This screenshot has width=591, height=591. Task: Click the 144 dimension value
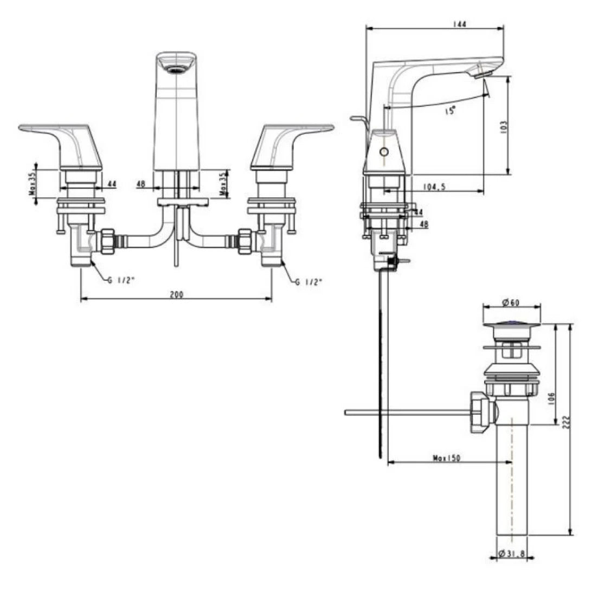point(461,24)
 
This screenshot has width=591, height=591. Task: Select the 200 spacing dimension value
point(176,294)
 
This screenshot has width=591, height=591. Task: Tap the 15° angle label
point(449,111)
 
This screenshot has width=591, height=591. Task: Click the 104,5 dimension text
point(434,187)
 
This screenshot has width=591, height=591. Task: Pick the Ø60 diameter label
point(512,301)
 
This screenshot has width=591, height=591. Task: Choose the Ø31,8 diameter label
point(512,554)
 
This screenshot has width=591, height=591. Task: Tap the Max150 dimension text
point(446,458)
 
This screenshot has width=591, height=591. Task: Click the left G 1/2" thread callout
point(117,281)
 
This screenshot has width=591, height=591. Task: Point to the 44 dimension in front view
point(111,184)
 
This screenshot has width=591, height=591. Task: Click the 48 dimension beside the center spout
point(141,184)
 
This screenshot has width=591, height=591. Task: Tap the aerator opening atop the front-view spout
point(175,69)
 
